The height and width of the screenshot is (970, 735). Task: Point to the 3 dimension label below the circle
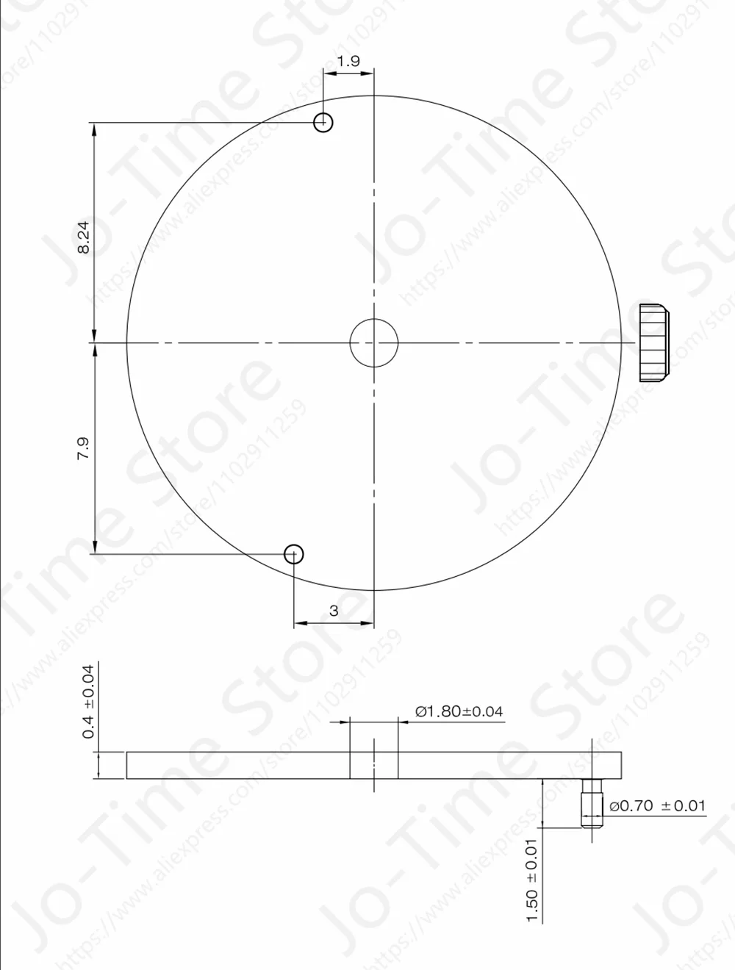pyautogui.click(x=334, y=611)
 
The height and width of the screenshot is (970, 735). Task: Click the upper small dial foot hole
pyautogui.click(x=323, y=123)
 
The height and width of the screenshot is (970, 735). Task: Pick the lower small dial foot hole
pyautogui.click(x=294, y=553)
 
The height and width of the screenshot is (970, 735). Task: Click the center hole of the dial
pyautogui.click(x=374, y=342)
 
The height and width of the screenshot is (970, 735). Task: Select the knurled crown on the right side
pyautogui.click(x=653, y=342)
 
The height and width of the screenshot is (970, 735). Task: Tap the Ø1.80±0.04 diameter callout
pyautogui.click(x=459, y=711)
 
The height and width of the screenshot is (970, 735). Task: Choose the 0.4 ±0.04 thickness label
pyautogui.click(x=89, y=701)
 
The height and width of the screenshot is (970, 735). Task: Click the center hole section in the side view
pyautogui.click(x=374, y=765)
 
